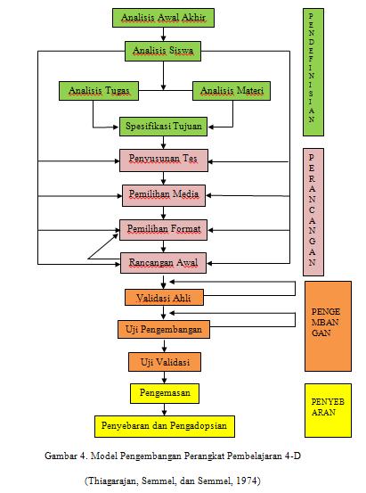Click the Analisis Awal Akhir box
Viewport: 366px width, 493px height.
tap(163, 17)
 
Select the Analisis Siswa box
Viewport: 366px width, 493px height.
tap(163, 51)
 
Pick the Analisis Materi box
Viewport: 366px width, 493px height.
tap(231, 91)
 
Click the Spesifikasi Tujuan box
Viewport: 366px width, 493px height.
tap(163, 127)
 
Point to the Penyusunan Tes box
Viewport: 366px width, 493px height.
tap(164, 160)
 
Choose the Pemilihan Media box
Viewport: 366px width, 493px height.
tap(164, 194)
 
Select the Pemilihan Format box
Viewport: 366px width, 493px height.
tap(164, 229)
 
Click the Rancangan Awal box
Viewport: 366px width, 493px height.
tap(164, 263)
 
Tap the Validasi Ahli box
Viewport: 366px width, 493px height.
tap(164, 297)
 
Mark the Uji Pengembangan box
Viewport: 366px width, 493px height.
tap(164, 330)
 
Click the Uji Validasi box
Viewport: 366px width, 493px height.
tap(164, 362)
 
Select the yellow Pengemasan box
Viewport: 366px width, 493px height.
tap(164, 392)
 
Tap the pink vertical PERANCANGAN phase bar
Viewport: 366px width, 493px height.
tap(312, 210)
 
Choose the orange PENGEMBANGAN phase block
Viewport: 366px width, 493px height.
tap(327, 325)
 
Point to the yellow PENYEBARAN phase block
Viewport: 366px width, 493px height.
tap(327, 410)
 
